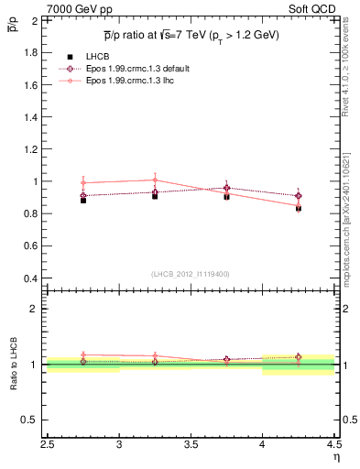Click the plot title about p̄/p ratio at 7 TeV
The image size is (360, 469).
191,35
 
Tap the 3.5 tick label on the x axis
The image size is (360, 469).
191,446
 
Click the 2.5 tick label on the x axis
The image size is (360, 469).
48,446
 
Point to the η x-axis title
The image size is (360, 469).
336,457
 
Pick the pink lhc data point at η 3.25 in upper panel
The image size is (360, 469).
155,180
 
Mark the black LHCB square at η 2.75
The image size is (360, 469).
83,200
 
